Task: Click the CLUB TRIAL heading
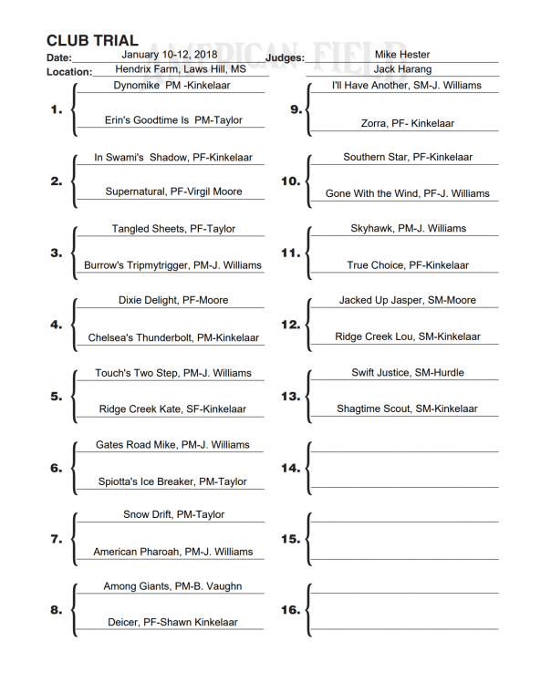(92, 41)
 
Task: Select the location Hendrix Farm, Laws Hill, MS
(181, 68)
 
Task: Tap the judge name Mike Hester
(402, 55)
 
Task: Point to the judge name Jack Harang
(402, 68)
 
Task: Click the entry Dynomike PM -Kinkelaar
(172, 85)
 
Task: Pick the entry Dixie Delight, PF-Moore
(173, 300)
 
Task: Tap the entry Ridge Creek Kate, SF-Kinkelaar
(172, 409)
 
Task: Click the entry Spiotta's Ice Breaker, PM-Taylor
(172, 481)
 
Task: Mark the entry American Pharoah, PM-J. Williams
(172, 552)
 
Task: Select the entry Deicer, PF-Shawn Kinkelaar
(172, 623)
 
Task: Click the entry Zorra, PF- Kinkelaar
(408, 123)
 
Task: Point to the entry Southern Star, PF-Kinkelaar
(408, 157)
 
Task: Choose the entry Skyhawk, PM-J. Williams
(408, 229)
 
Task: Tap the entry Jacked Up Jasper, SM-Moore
(408, 300)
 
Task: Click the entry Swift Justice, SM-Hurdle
(408, 373)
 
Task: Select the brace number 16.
(290, 611)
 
